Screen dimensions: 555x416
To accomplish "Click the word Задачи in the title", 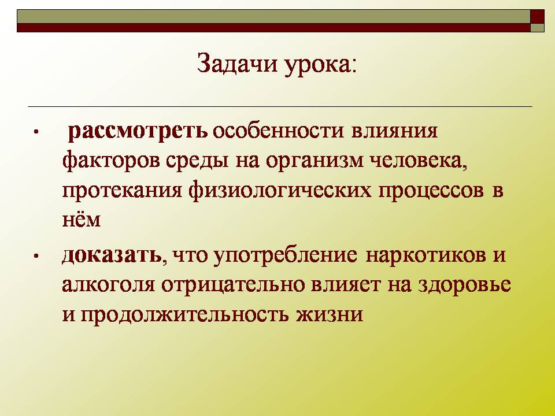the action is (237, 64).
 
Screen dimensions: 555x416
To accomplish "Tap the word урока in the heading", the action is (318, 66).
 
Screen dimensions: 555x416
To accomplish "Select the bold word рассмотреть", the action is (138, 132).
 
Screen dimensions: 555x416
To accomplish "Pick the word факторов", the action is (110, 162).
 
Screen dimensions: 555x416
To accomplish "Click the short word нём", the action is (81, 220).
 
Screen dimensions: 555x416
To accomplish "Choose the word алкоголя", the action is (108, 285).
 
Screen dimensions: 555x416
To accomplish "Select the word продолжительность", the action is (184, 314).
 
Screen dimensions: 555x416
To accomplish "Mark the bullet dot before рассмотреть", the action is (36, 132).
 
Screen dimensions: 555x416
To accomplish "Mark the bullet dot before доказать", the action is (36, 256).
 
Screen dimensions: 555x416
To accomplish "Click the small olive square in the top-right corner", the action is (537, 28).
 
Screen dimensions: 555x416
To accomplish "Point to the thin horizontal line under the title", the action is (280, 106).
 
